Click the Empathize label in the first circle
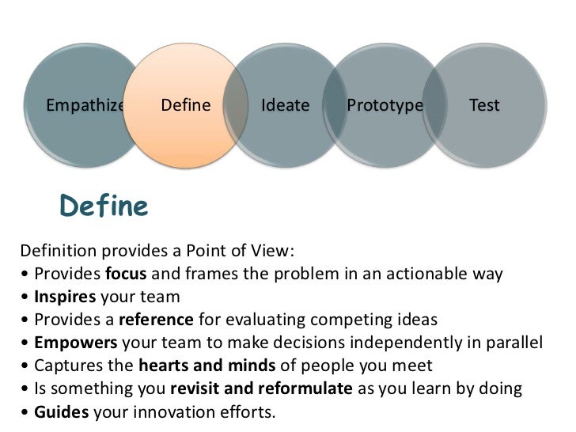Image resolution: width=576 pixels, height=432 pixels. click(85, 105)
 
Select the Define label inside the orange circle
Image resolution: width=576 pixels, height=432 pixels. click(186, 105)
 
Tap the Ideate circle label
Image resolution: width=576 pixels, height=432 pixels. click(285, 105)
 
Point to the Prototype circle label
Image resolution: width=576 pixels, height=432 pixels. click(385, 105)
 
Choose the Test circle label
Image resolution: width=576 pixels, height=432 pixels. click(484, 105)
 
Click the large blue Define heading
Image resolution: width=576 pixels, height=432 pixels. click(104, 207)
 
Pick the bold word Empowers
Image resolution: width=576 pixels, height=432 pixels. click(70, 343)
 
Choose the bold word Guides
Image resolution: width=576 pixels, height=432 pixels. click(60, 412)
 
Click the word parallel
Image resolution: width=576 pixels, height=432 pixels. click(517, 343)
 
